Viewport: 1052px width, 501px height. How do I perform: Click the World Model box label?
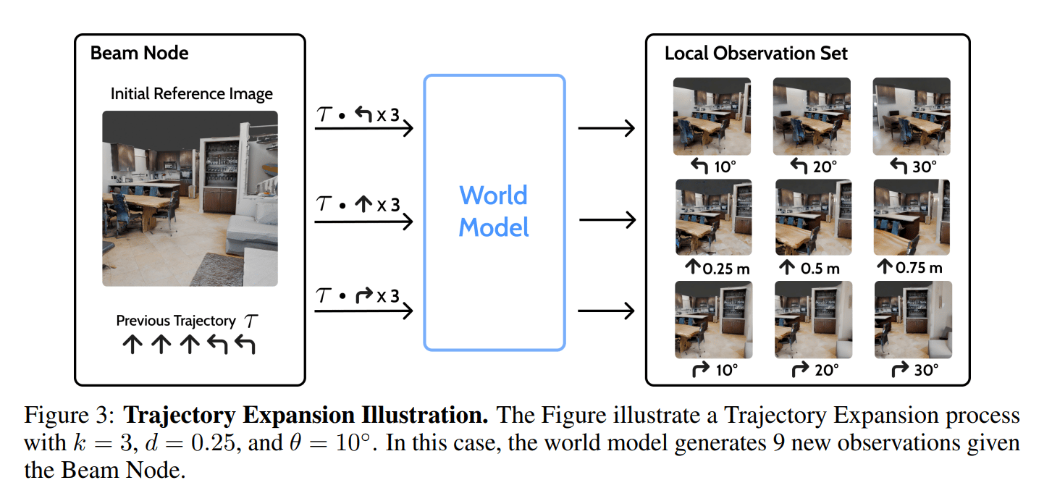[494, 211]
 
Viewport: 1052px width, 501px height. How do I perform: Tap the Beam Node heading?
[139, 53]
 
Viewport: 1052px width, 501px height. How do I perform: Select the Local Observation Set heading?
[756, 54]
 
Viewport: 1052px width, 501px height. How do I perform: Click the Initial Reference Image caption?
[191, 94]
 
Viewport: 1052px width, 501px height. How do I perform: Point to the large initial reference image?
[190, 198]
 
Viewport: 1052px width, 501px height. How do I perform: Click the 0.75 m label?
[912, 268]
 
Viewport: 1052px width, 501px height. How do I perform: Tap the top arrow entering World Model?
[363, 129]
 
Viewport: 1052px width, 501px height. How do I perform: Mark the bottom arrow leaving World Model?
[606, 311]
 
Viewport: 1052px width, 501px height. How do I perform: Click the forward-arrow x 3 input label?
[359, 206]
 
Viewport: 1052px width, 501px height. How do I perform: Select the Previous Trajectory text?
[176, 320]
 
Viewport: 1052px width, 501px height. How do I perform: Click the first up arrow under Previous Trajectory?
[130, 345]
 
